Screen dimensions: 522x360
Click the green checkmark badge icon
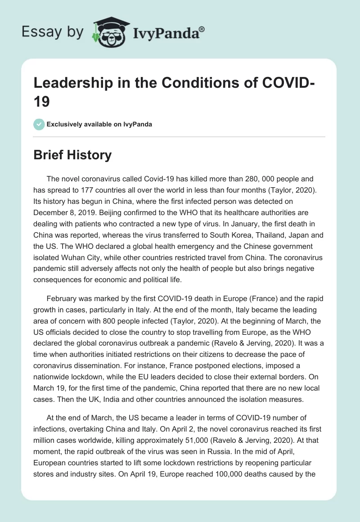point(39,124)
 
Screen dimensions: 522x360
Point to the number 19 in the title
point(42,102)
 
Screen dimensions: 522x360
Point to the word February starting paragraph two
point(62,299)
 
